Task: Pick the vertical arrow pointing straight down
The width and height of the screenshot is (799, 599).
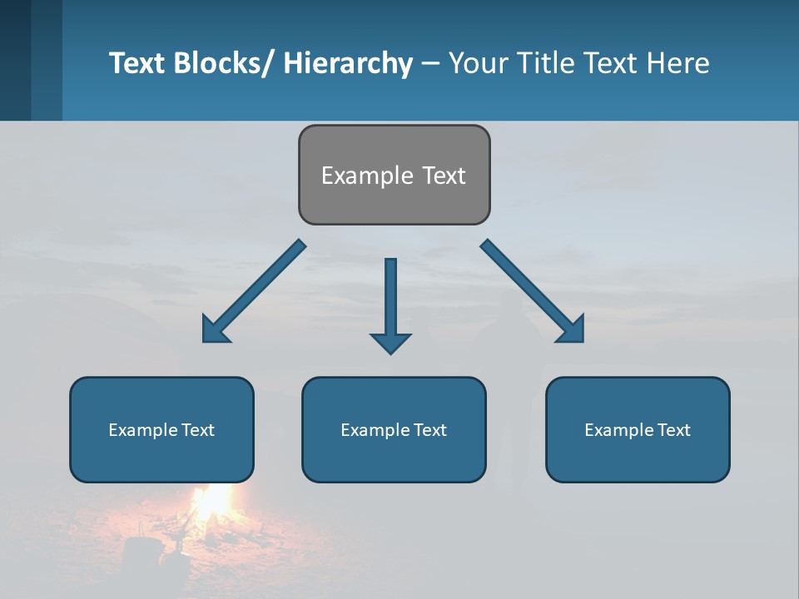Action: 390,299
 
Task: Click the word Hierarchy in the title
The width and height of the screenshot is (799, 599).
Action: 348,63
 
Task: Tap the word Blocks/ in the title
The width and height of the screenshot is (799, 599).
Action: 224,63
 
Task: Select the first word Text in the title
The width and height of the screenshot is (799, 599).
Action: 137,63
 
